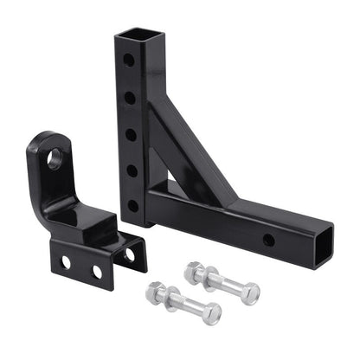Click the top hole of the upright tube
(128, 61)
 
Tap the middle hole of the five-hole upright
(132, 134)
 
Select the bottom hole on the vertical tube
(133, 207)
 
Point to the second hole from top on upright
(130, 98)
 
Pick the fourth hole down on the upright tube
(132, 170)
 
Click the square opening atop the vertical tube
(134, 35)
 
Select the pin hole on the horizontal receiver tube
(269, 240)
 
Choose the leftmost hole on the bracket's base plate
(65, 261)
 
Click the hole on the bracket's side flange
(129, 254)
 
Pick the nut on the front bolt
(210, 312)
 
